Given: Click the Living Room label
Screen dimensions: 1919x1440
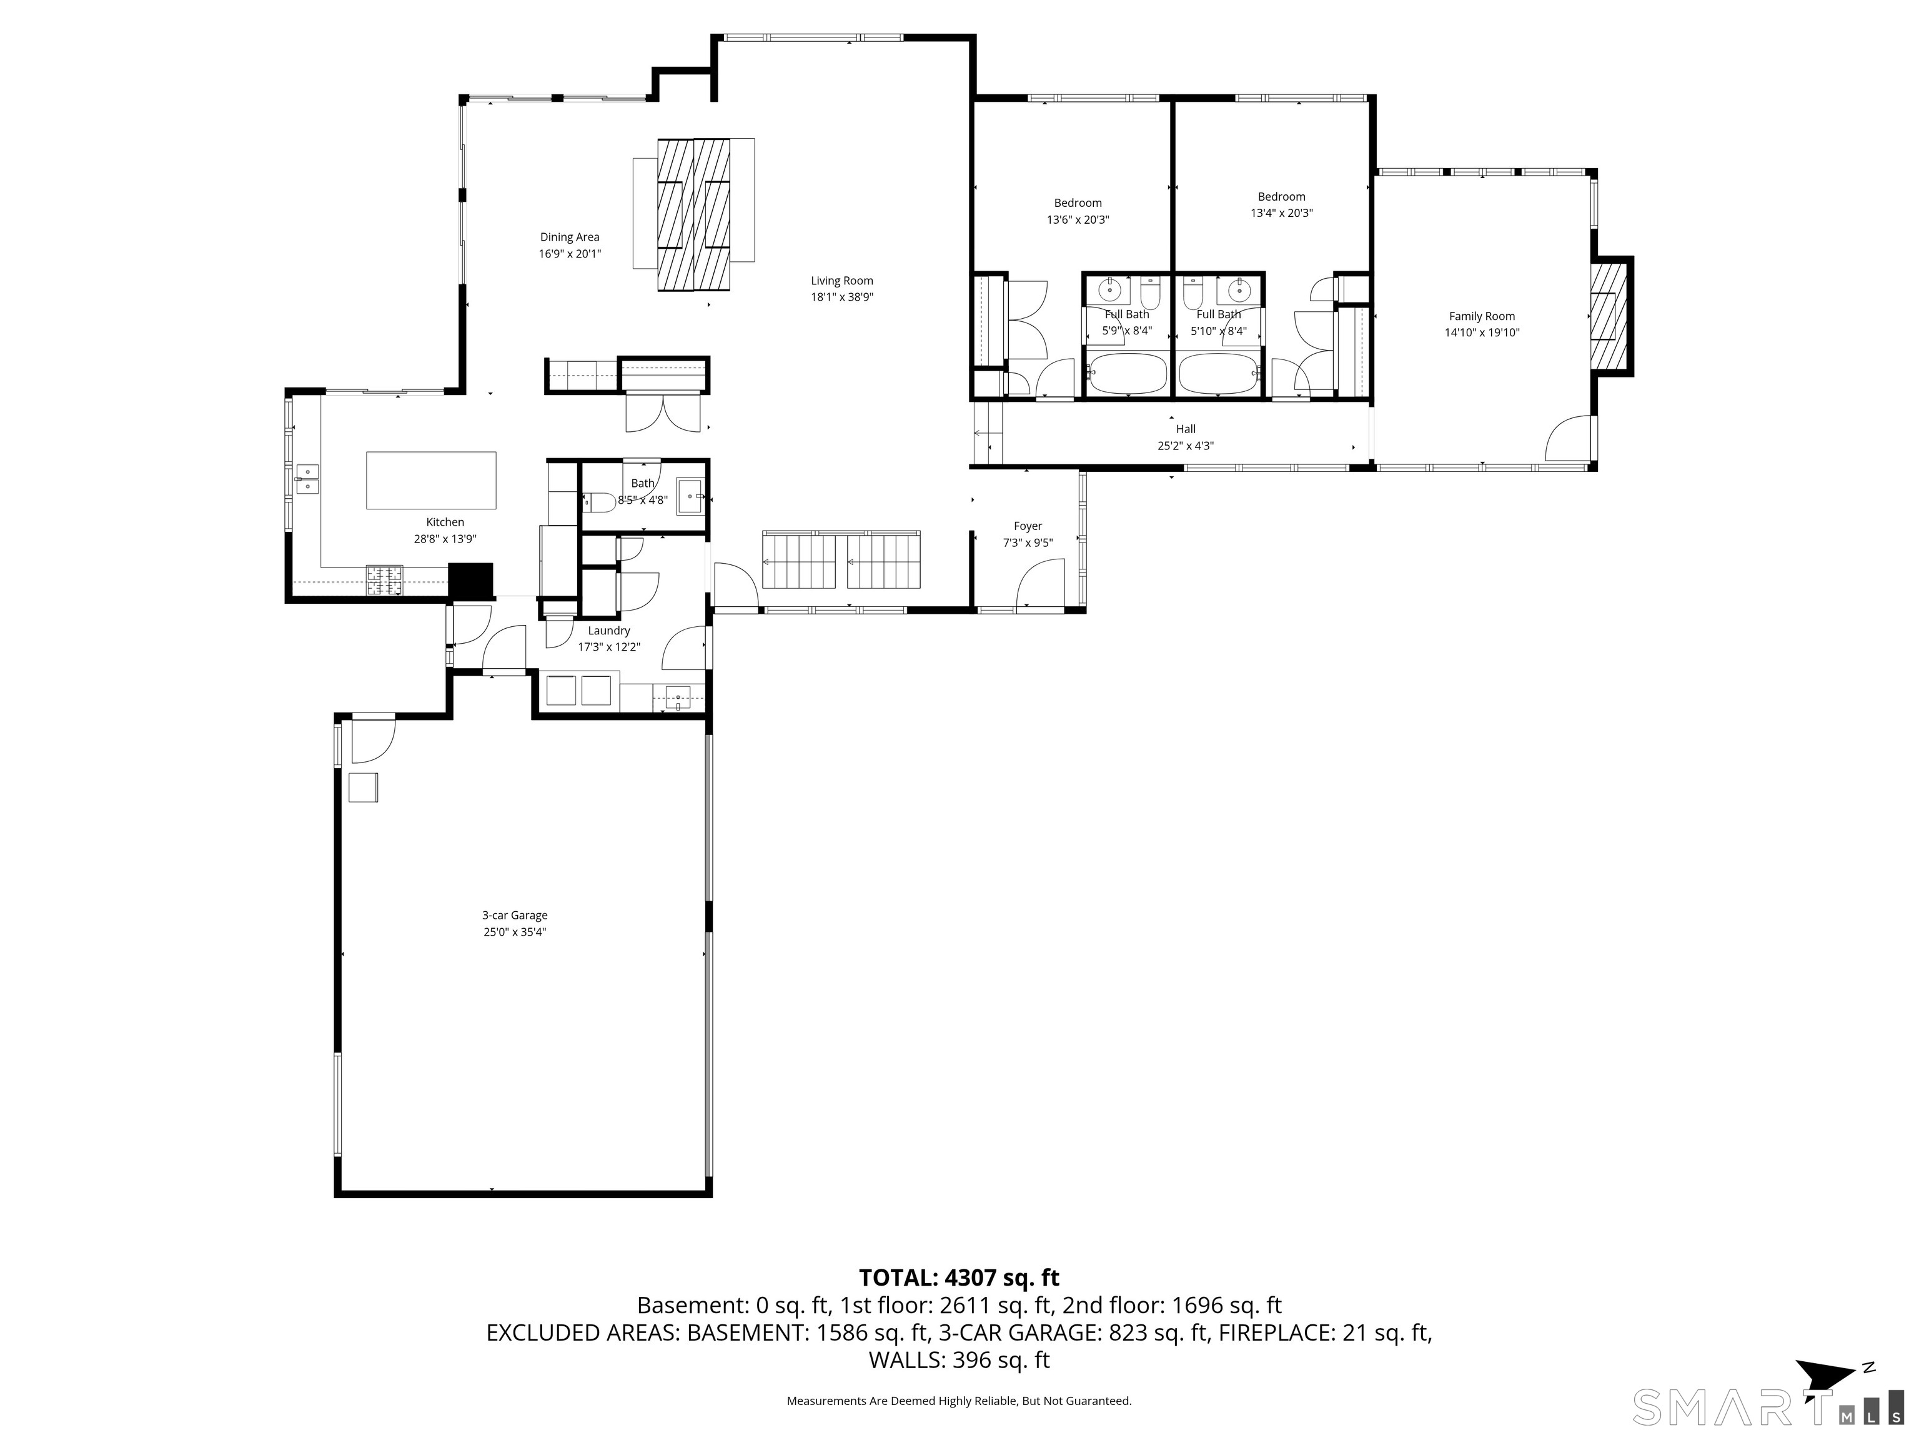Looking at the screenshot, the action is point(841,281).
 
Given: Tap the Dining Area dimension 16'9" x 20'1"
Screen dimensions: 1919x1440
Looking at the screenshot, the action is point(569,254).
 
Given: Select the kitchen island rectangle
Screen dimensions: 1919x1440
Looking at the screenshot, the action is point(431,480).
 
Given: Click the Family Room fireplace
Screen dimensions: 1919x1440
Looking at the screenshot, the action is point(1611,316).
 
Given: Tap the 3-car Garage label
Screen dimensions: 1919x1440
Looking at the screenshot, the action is point(515,915).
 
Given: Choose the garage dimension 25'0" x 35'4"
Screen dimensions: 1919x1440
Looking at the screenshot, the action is point(515,932).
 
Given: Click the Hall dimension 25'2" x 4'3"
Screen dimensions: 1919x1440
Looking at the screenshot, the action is point(1185,446).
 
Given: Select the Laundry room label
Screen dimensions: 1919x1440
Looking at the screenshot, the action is point(609,631).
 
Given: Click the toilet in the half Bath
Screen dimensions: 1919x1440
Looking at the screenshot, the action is point(598,501).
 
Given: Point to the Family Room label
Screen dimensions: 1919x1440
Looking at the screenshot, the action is point(1482,316).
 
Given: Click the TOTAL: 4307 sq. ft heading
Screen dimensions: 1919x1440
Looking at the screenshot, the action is point(959,1277).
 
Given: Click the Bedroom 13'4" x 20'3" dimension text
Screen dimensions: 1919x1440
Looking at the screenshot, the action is point(1281,212).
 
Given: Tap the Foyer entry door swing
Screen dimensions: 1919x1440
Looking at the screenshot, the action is point(1041,581).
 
